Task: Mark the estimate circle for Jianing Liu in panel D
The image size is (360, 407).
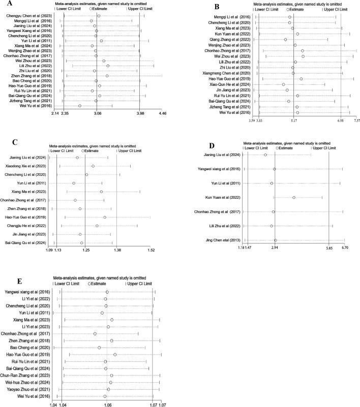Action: click(x=265, y=154)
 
